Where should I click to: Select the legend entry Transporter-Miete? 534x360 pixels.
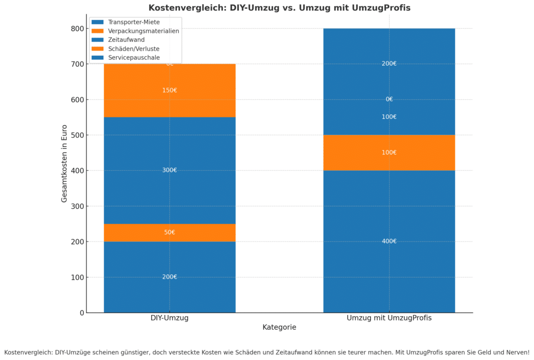click(x=133, y=22)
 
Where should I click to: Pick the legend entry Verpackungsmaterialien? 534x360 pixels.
click(x=143, y=31)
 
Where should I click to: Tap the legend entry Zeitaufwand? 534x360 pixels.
click(x=126, y=40)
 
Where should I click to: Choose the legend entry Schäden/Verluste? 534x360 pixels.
click(x=133, y=49)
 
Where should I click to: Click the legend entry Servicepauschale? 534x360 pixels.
click(x=133, y=57)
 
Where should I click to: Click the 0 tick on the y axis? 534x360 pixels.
click(x=82, y=313)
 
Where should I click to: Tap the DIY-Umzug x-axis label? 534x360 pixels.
click(x=169, y=318)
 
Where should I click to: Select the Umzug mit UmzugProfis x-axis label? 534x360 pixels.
click(x=389, y=318)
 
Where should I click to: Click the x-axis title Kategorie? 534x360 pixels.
click(x=280, y=327)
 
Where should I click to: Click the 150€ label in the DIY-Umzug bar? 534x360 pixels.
click(x=169, y=90)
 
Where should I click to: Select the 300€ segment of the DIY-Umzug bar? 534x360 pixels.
click(x=169, y=170)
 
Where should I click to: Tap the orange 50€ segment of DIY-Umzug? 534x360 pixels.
click(x=169, y=232)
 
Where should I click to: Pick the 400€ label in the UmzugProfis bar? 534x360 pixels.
click(x=389, y=241)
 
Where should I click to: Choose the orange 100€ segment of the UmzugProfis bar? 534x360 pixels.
click(x=389, y=152)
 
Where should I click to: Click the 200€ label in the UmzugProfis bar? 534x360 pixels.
click(x=389, y=64)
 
